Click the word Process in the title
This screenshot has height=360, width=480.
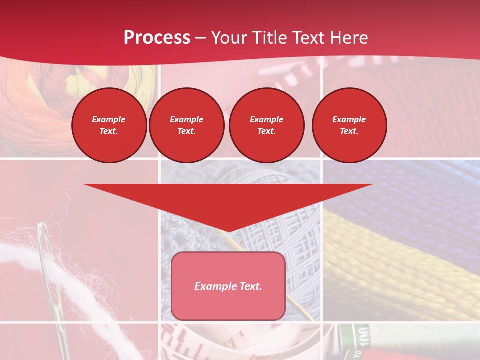(x=157, y=38)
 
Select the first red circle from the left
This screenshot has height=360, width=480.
(x=109, y=125)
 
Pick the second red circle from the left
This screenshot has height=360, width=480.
(x=186, y=125)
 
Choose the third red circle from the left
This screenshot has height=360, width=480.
(x=266, y=125)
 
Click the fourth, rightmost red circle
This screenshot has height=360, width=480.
(x=349, y=125)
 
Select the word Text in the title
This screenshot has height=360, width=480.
(x=307, y=38)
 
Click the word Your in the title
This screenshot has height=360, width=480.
(x=227, y=38)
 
